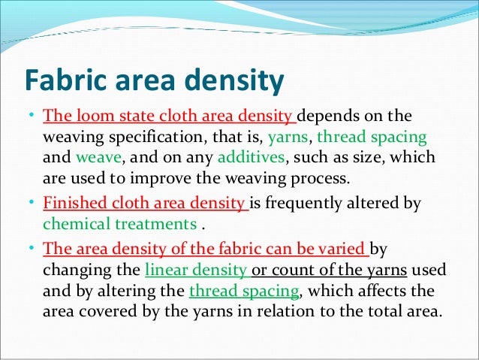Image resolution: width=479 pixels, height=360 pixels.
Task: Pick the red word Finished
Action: tap(71, 203)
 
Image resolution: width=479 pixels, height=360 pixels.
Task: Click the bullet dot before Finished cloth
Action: tap(33, 204)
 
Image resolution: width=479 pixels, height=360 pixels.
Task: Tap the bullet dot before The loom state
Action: tap(33, 117)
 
